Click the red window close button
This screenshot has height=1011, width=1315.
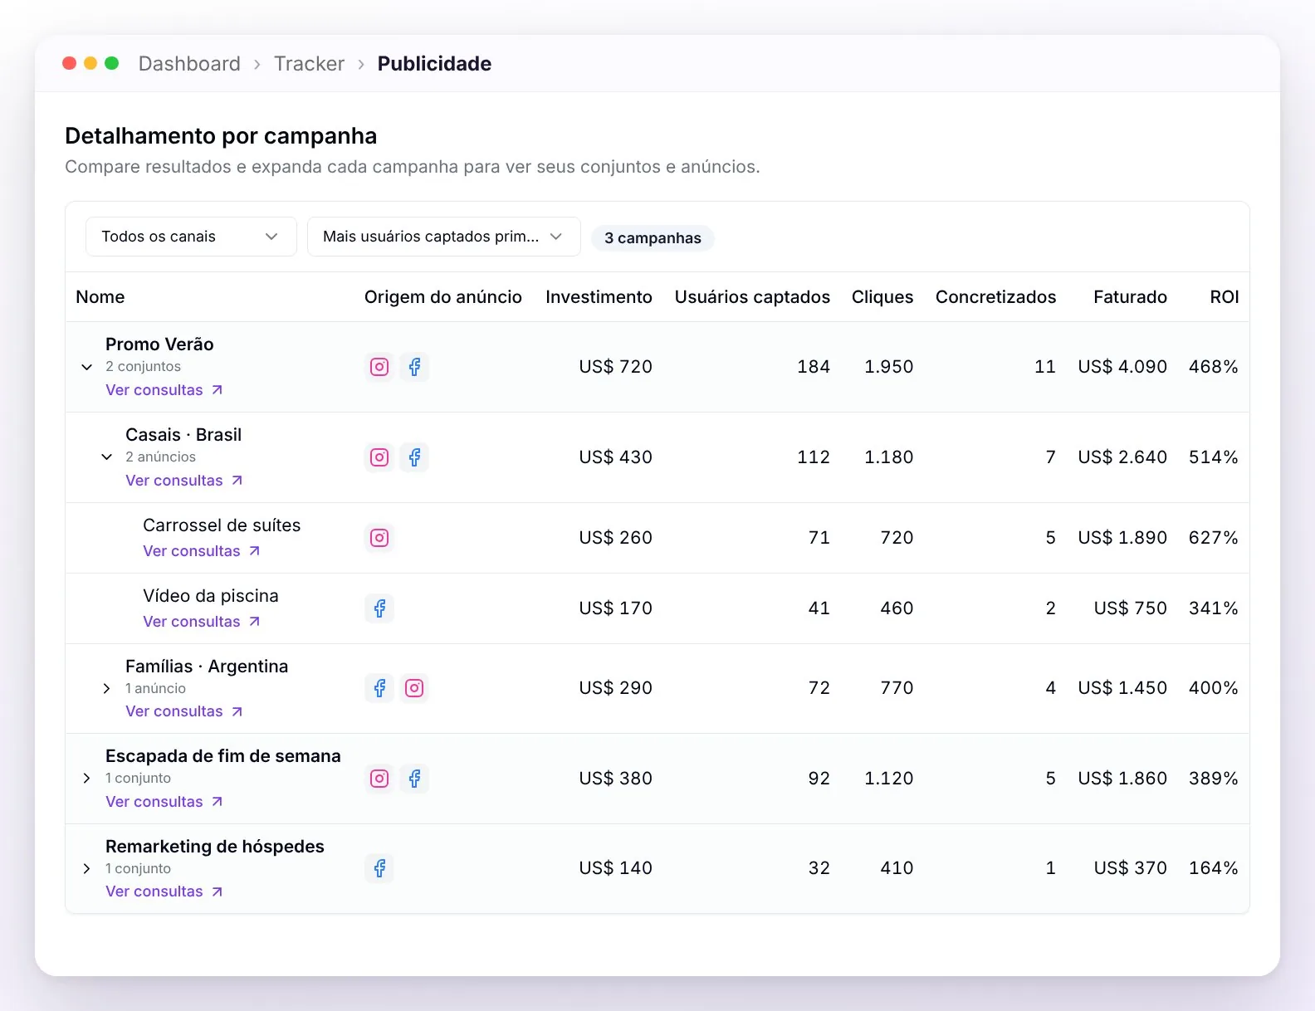tap(69, 64)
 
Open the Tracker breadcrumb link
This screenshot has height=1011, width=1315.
tap(309, 64)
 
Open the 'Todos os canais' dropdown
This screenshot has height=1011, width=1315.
tap(191, 237)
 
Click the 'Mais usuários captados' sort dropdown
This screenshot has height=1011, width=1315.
tap(443, 237)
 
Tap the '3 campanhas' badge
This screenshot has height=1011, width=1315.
tap(653, 237)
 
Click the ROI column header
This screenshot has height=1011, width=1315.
tap(1224, 297)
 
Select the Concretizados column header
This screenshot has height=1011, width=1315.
tap(995, 297)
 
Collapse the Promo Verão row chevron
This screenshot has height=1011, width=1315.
tap(86, 367)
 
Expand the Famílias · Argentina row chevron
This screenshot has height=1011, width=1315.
tap(106, 688)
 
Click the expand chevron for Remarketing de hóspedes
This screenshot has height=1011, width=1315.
tap(86, 869)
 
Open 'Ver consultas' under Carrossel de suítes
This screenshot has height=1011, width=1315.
tap(202, 551)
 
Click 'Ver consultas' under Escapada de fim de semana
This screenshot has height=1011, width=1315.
tap(164, 802)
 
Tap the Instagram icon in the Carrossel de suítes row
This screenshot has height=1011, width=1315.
tap(379, 538)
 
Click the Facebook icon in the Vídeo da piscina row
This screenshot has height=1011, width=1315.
tap(379, 608)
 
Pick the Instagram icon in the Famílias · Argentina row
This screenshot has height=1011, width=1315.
tap(414, 688)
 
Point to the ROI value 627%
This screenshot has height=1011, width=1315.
tap(1214, 538)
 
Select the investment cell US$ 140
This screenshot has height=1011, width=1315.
tap(615, 868)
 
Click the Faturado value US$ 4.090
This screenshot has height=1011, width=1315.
tap(1122, 367)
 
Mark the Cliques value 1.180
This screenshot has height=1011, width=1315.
tap(888, 457)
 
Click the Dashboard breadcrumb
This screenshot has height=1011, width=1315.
tap(189, 64)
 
